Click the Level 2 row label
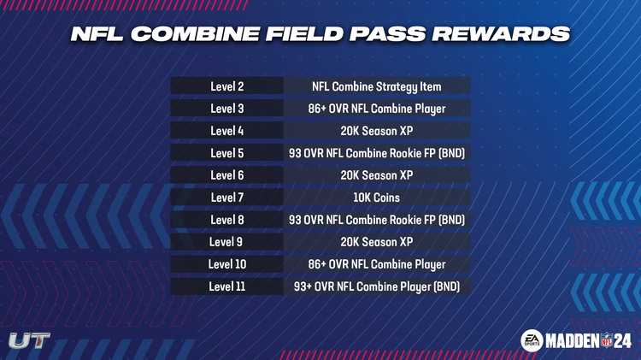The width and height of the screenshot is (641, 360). (226, 86)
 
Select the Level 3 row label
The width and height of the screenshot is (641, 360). (226, 109)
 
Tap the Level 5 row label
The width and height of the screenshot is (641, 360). (226, 153)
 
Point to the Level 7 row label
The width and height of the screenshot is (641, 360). (226, 198)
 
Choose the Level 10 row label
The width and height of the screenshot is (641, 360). (226, 264)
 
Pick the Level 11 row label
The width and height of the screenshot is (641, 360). (226, 286)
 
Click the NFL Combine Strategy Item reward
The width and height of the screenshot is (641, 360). (376, 86)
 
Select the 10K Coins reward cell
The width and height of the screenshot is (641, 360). (376, 198)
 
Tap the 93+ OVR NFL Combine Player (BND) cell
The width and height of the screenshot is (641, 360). (376, 286)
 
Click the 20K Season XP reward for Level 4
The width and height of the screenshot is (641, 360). (376, 131)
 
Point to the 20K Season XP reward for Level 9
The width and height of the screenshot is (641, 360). (376, 242)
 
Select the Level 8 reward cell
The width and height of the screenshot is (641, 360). (376, 220)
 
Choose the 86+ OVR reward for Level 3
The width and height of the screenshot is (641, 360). (376, 109)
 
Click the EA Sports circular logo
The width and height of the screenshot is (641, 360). (532, 339)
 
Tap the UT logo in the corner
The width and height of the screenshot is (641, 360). (29, 340)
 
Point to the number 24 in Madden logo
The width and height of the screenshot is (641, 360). (622, 340)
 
